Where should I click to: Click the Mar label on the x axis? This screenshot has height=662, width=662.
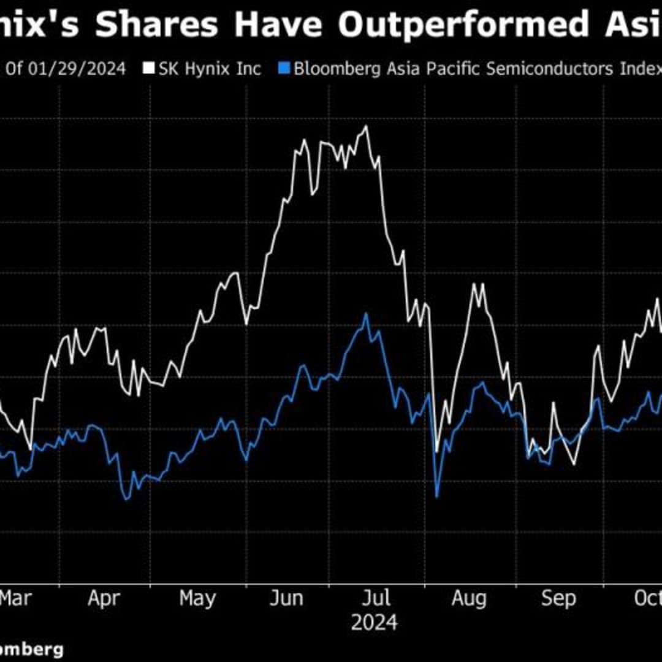tap(15, 598)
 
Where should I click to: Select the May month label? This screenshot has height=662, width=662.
tap(197, 598)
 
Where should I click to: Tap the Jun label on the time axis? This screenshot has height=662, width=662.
tap(286, 598)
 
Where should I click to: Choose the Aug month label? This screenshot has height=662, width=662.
tap(469, 598)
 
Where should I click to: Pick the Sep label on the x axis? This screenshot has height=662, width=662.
tap(558, 598)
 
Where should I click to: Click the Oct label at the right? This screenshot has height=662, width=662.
tap(648, 598)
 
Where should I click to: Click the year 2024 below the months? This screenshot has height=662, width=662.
tap(374, 623)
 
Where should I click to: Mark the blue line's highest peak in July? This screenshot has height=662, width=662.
tap(366, 314)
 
